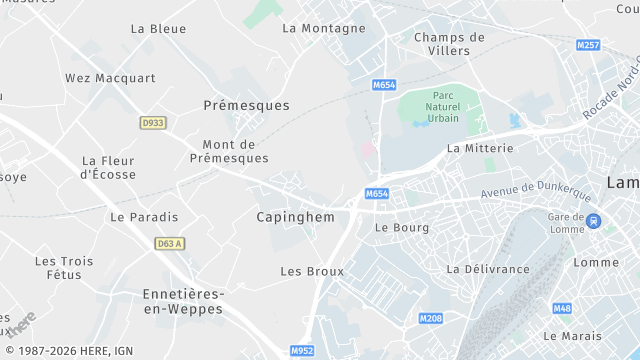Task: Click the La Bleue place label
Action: click(158, 29)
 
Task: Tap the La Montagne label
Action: click(324, 28)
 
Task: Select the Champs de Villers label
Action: click(449, 44)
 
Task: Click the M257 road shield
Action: click(589, 46)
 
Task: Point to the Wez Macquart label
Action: click(110, 78)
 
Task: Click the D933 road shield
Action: click(152, 122)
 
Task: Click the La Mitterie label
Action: click(480, 148)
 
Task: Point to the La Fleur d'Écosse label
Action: click(108, 167)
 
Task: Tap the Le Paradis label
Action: click(144, 217)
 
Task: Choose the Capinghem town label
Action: click(295, 217)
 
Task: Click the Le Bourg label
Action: click(401, 228)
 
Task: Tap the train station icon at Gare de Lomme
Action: click(595, 222)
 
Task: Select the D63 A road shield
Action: click(170, 243)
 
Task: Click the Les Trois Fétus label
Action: click(64, 268)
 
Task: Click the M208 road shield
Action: click(430, 318)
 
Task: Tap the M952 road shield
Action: click(302, 351)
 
